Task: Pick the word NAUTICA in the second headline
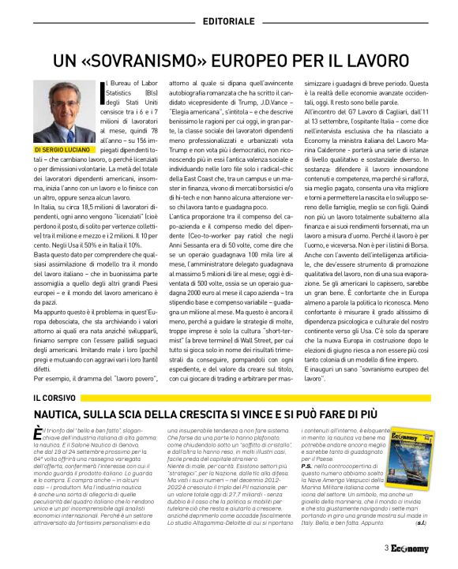[x=65, y=414]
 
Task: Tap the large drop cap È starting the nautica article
[x=39, y=435]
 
